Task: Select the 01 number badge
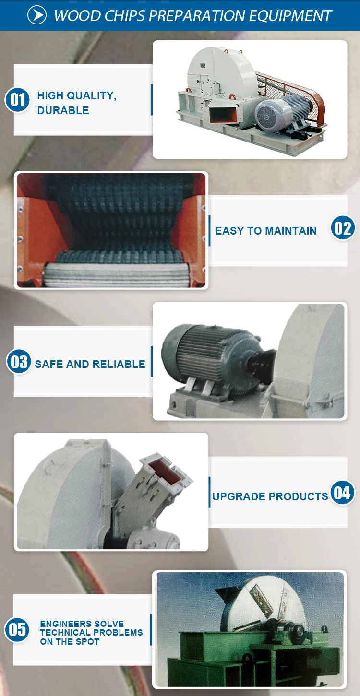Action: [x=18, y=100]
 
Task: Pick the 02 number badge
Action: [x=343, y=228]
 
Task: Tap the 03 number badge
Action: [x=19, y=361]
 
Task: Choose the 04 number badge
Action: [x=342, y=493]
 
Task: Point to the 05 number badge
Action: [x=17, y=629]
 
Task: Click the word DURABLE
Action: [x=63, y=110]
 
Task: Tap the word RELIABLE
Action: [x=119, y=364]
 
